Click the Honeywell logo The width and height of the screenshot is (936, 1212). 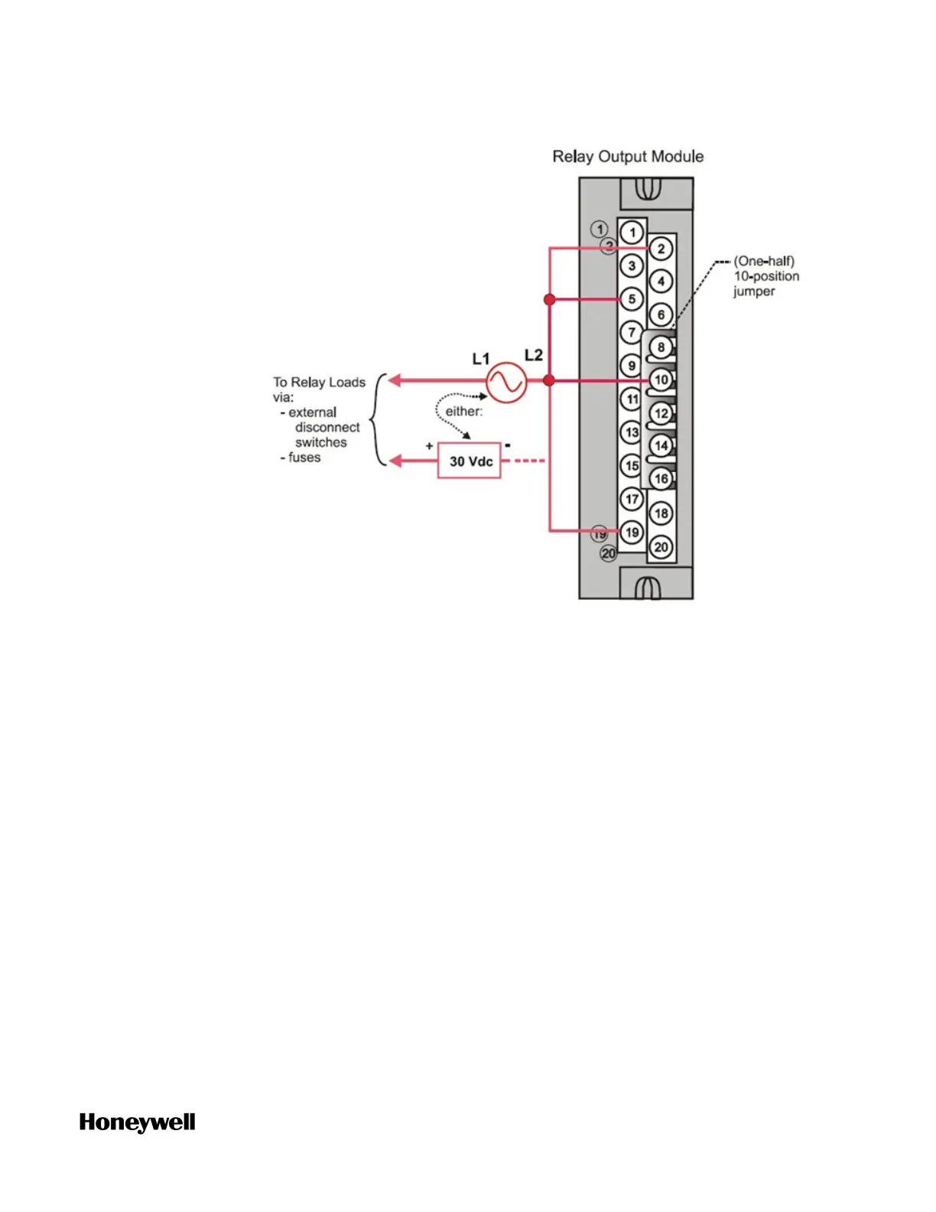(x=138, y=1122)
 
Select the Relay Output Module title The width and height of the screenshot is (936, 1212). (x=628, y=157)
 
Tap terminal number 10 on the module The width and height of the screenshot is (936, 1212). (x=661, y=380)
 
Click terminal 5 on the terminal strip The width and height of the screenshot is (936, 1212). (x=632, y=299)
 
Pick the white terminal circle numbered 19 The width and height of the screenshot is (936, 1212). (x=632, y=532)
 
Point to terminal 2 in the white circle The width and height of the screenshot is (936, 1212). (x=661, y=249)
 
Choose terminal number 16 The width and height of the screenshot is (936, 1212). (x=661, y=479)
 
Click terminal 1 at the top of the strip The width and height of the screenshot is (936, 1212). (x=632, y=233)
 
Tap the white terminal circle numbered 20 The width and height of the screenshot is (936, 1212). (x=661, y=547)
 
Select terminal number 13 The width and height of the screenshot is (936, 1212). (x=632, y=432)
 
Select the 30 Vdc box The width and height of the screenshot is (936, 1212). (x=470, y=461)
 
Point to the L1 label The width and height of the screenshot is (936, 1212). (x=480, y=359)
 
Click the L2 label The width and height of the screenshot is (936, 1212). (x=533, y=355)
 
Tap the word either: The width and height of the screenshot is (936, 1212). (x=464, y=412)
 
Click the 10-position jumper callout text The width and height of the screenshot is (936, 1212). (x=766, y=276)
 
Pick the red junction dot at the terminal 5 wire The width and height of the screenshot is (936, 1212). (x=549, y=299)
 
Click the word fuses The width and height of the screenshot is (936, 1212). (x=304, y=458)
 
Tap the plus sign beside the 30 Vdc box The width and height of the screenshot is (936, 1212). (x=429, y=445)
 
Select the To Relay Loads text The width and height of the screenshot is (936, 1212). (x=319, y=383)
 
